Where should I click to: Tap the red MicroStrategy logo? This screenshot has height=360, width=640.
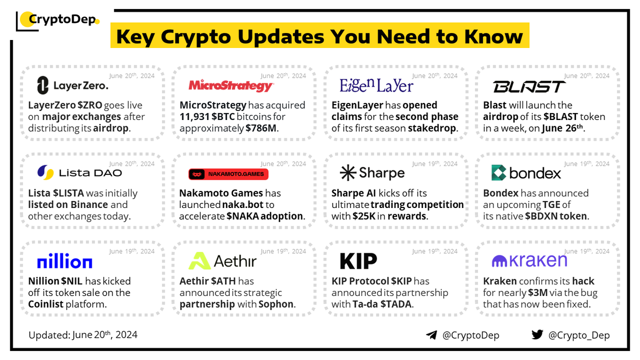coord(231,86)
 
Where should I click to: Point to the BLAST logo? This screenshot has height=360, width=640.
coord(529,86)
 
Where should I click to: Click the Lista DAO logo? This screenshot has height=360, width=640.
coord(79,172)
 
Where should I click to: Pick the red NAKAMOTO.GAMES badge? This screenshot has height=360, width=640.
coord(229,174)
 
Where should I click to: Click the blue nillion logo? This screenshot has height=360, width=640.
coord(65,262)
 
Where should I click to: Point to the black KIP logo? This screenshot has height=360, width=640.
coord(358,261)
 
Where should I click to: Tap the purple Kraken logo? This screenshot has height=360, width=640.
coord(529,260)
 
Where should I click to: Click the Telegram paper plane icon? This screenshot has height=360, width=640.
coord(431,335)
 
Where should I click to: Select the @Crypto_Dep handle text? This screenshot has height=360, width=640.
coord(578,335)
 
